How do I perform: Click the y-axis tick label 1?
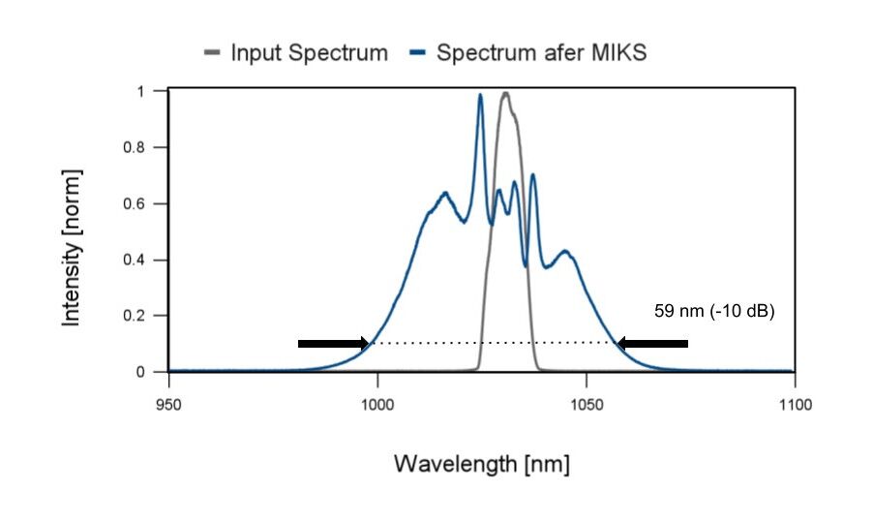click(140, 91)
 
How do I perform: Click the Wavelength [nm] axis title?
click(481, 464)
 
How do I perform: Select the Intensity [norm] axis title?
click(72, 247)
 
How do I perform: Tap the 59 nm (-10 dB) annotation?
click(714, 312)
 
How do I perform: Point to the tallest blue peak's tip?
click(480, 95)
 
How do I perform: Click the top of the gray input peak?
click(505, 93)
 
